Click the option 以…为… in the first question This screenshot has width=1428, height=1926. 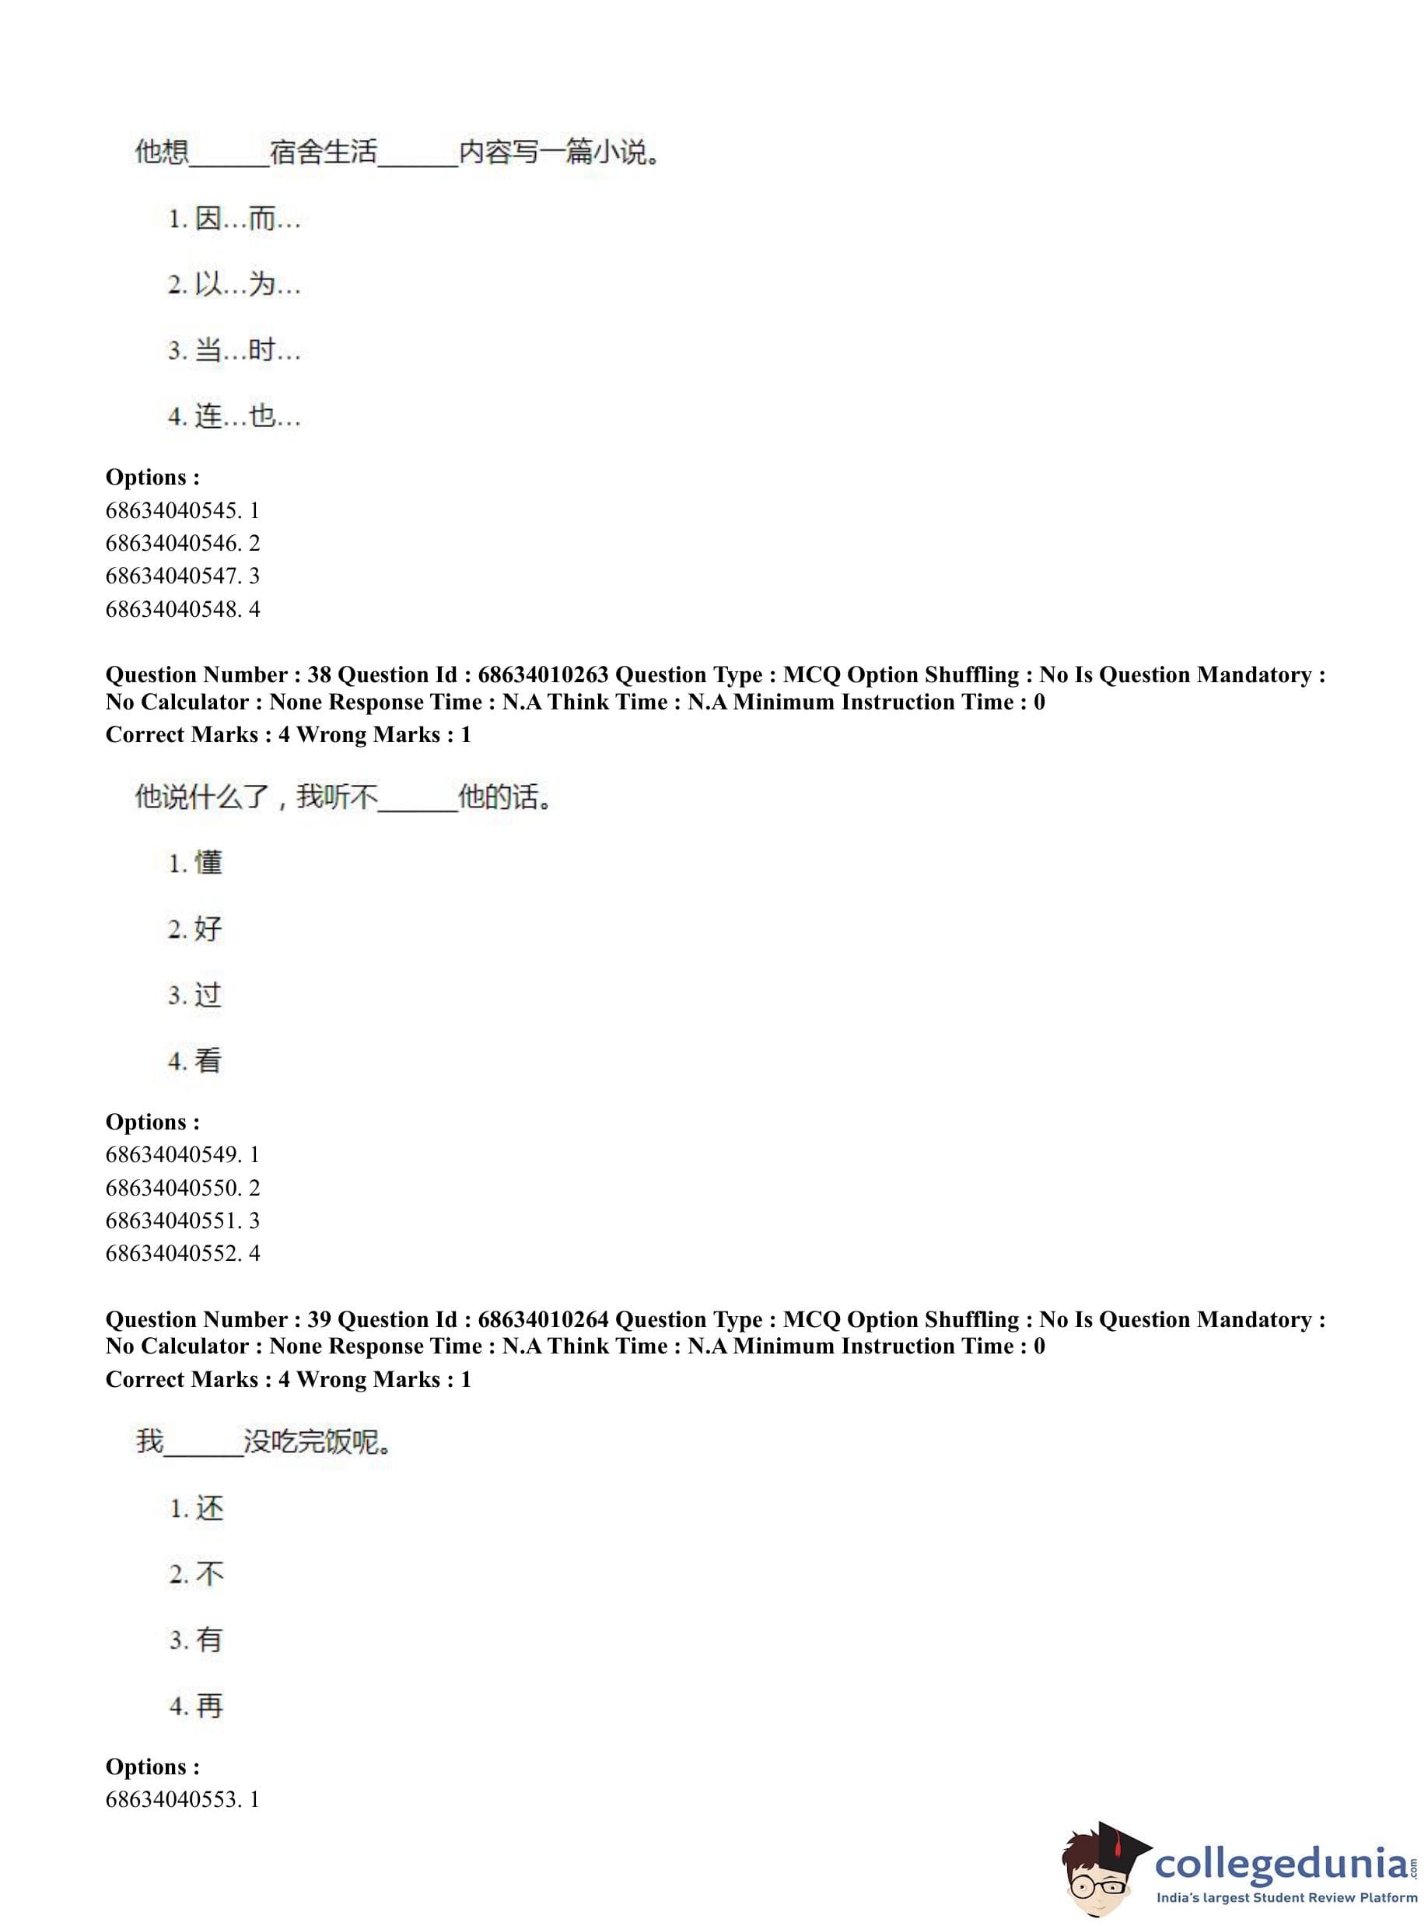pos(234,285)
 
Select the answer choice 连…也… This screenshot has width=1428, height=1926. pos(234,417)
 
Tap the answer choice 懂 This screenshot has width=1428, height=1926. pos(196,862)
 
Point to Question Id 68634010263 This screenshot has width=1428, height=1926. pos(543,674)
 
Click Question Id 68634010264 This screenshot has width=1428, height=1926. pos(543,1319)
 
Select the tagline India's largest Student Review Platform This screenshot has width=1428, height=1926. pos(1286,1898)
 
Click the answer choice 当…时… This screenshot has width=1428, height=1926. pos(234,350)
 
